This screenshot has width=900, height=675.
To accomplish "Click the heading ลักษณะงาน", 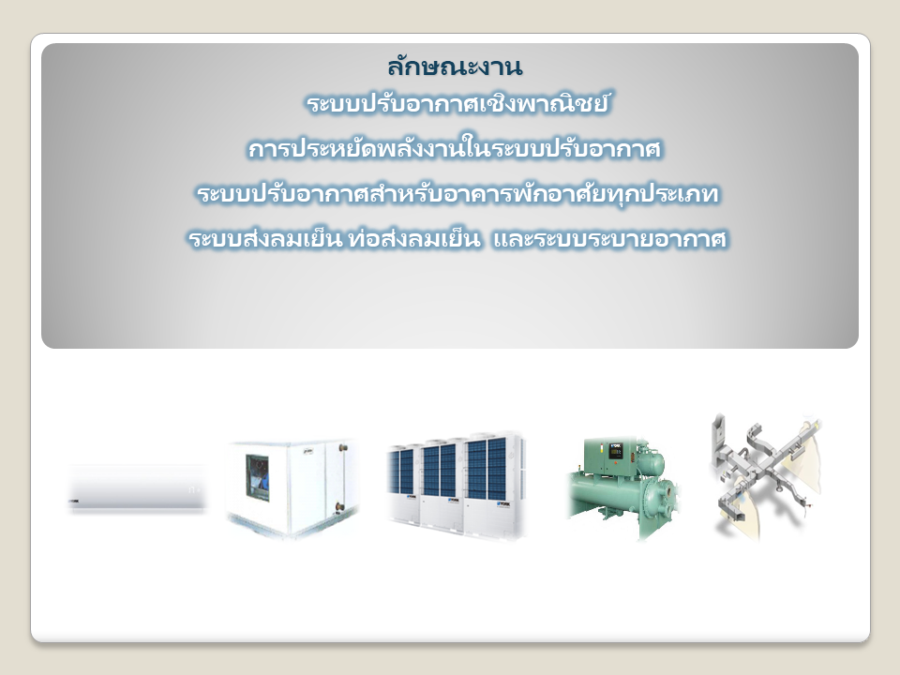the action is tap(455, 67).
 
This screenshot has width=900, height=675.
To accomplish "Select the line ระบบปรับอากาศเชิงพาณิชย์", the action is tap(457, 104).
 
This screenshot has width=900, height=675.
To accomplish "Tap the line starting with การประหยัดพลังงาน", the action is tap(455, 149).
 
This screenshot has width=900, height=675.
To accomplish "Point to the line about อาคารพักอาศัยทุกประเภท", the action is tap(457, 193).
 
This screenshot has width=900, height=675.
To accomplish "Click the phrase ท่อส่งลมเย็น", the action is tap(413, 237).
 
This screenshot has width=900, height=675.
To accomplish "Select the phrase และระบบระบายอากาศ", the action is tap(610, 238).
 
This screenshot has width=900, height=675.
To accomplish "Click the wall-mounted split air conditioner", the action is tap(137, 487).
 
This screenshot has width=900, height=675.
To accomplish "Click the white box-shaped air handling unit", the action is tap(292, 487).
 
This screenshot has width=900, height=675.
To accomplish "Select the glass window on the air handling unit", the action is tap(258, 477).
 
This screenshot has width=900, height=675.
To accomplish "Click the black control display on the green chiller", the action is tap(616, 451).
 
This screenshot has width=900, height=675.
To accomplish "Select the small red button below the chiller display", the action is tap(615, 464).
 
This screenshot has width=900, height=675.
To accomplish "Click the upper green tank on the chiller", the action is tap(649, 462).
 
